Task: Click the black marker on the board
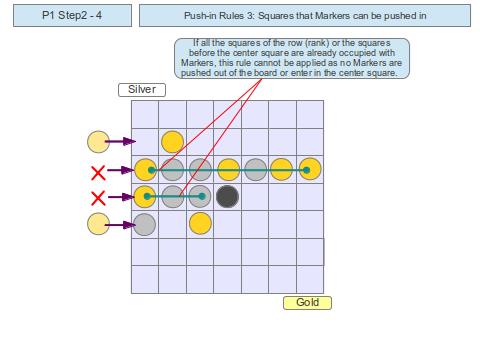click(227, 196)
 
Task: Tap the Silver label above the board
click(142, 89)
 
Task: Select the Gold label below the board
click(307, 302)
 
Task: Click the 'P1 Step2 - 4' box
click(71, 17)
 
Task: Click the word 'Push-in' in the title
click(203, 17)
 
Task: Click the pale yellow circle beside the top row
click(99, 142)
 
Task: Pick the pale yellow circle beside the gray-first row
click(99, 224)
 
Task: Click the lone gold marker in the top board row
click(172, 142)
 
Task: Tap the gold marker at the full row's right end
click(310, 169)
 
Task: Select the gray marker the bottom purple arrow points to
click(145, 224)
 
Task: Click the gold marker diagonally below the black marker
click(200, 223)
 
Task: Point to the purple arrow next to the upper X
click(120, 170)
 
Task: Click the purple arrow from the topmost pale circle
click(120, 142)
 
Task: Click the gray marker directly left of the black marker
click(200, 196)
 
